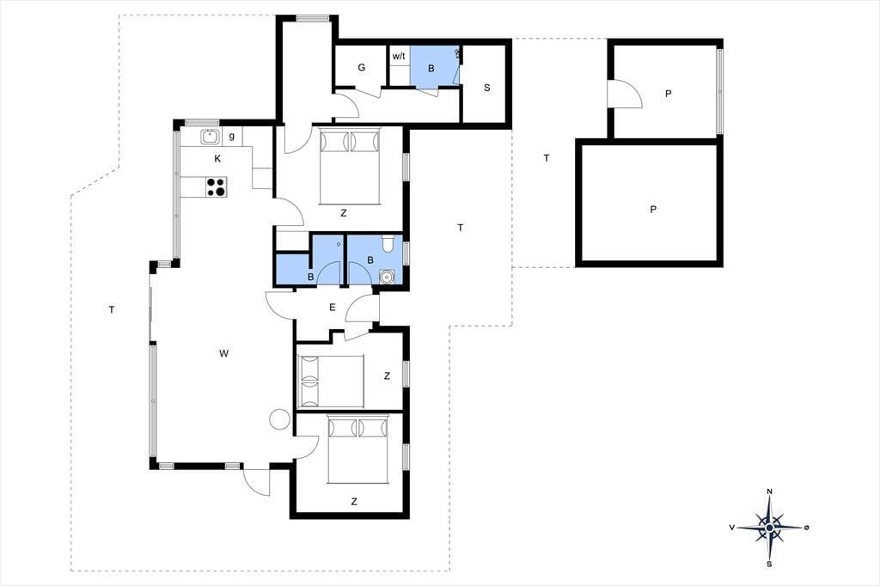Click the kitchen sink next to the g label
pyautogui.click(x=211, y=137)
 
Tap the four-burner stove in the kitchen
pyautogui.click(x=216, y=187)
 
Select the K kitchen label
pyautogui.click(x=217, y=159)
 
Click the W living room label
pyautogui.click(x=224, y=353)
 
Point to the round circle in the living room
pyautogui.click(x=278, y=418)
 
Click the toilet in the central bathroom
pyautogui.click(x=388, y=244)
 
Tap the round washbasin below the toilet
pyautogui.click(x=386, y=277)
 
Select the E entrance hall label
pyautogui.click(x=333, y=307)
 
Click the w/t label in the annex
pyautogui.click(x=399, y=56)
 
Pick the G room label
pyautogui.click(x=362, y=67)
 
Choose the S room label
pyautogui.click(x=486, y=88)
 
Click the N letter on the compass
pyautogui.click(x=769, y=491)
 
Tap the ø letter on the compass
pyautogui.click(x=806, y=527)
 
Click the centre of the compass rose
pyautogui.click(x=769, y=528)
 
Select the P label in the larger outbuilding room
pyautogui.click(x=653, y=210)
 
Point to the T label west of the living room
pyautogui.click(x=112, y=309)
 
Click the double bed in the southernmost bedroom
pyautogui.click(x=358, y=449)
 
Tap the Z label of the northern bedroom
pyautogui.click(x=344, y=213)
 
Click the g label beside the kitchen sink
pyautogui.click(x=232, y=137)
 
